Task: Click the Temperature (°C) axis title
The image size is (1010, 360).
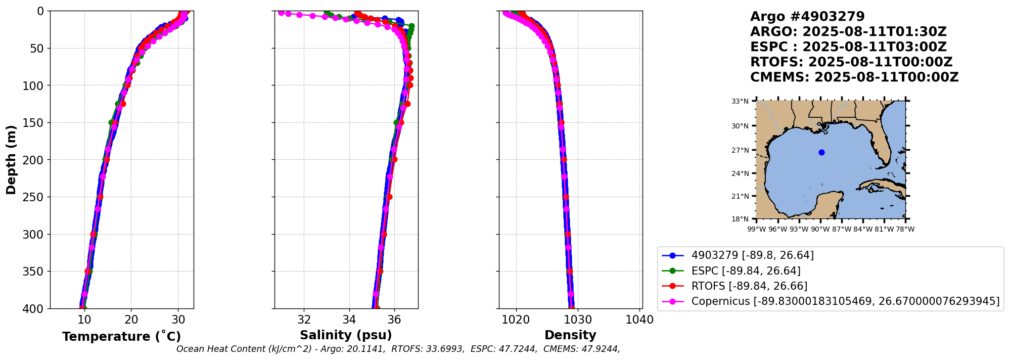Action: coord(121,337)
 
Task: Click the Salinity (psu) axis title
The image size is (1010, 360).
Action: coord(346,335)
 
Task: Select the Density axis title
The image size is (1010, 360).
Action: coord(570,335)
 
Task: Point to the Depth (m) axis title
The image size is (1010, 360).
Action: coord(11,159)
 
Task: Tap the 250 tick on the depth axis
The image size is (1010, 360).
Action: coord(34,197)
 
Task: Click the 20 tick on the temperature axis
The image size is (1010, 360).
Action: coord(131,320)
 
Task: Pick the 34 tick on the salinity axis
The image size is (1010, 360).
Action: coord(349,320)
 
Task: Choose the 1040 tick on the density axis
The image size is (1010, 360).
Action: coord(640,320)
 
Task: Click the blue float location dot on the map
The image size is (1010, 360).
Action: coord(821,152)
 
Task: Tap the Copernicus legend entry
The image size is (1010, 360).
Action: coord(845,301)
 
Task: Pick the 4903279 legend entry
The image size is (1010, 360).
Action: coord(752,255)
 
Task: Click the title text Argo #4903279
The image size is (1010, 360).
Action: coord(807,17)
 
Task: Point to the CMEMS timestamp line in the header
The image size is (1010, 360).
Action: coord(854,77)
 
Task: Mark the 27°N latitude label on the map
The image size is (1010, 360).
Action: coord(740,150)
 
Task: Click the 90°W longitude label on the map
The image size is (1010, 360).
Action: coord(820,230)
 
